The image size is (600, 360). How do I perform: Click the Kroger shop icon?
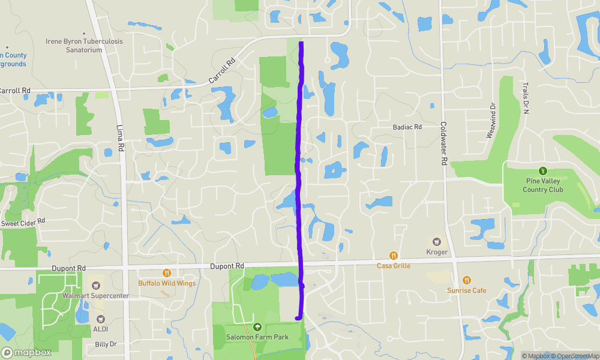pyautogui.click(x=437, y=241)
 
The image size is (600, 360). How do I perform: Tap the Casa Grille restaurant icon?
pyautogui.click(x=394, y=255)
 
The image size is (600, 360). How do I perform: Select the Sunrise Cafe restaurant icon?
pyautogui.click(x=467, y=280)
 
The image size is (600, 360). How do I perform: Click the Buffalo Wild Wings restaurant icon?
pyautogui.click(x=167, y=272)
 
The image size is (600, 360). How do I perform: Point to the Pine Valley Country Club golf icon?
pyautogui.click(x=543, y=171)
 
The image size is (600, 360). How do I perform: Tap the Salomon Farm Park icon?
pyautogui.click(x=257, y=327)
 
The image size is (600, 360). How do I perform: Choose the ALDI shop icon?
pyautogui.click(x=100, y=319)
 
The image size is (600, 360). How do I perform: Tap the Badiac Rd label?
pyautogui.click(x=407, y=127)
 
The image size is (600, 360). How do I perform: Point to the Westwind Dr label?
pyautogui.click(x=491, y=121)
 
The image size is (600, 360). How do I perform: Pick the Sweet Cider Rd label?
pyautogui.click(x=23, y=223)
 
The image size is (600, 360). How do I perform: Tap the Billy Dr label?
pyautogui.click(x=106, y=344)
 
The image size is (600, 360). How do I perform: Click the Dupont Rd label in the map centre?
pyautogui.click(x=227, y=266)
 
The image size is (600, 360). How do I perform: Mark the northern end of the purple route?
pyautogui.click(x=301, y=43)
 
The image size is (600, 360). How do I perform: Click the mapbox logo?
pyautogui.click(x=26, y=352)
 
